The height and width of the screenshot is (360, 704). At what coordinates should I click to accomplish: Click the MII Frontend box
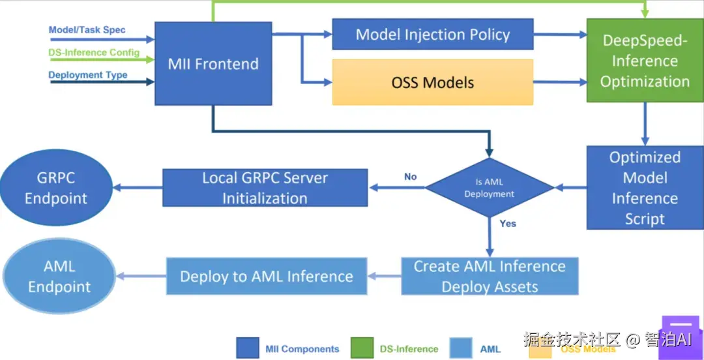tap(213, 63)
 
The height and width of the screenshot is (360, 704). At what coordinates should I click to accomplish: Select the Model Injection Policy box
tap(433, 35)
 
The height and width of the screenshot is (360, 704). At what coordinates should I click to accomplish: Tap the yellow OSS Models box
tap(433, 82)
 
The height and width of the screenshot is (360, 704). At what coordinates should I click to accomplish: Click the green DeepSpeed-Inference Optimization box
tap(645, 61)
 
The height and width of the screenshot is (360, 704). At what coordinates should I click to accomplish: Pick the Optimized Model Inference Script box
tap(645, 188)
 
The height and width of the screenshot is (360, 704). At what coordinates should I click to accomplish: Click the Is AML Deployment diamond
tap(490, 188)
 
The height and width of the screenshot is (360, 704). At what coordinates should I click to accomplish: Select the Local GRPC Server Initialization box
tap(265, 188)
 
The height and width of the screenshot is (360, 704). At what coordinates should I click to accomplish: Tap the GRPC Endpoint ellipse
tap(56, 188)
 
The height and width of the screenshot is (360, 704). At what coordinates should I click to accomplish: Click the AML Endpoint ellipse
tap(59, 276)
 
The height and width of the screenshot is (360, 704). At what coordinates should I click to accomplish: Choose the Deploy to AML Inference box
tap(267, 276)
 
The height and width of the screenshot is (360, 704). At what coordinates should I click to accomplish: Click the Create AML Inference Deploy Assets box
tap(490, 276)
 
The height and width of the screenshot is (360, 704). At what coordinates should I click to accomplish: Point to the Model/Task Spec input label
tap(87, 30)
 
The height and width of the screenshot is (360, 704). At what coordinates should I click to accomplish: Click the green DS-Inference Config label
tap(94, 53)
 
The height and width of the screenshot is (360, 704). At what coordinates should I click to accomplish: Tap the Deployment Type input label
tap(88, 75)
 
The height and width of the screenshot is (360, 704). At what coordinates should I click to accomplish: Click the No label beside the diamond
tap(410, 177)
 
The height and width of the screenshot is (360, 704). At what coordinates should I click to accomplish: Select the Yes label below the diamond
tap(508, 224)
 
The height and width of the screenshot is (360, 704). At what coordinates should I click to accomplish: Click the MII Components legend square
tap(247, 348)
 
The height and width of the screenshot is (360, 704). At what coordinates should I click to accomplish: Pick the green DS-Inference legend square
tap(361, 348)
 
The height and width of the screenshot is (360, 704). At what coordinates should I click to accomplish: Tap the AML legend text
tap(490, 349)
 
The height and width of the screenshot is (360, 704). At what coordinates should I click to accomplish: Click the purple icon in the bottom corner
tap(681, 338)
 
